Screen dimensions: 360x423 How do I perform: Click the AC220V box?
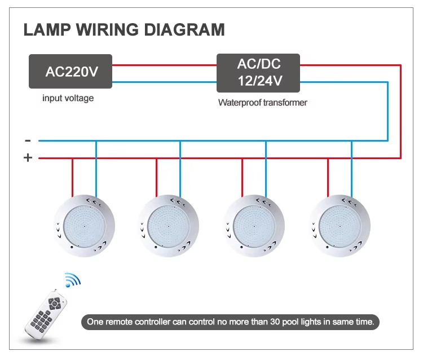70,71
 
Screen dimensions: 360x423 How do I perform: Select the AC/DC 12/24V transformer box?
258,73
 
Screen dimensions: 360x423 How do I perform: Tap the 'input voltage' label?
68,99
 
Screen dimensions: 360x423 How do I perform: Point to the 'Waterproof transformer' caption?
262,103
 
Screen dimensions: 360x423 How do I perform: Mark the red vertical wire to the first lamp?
72,178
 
